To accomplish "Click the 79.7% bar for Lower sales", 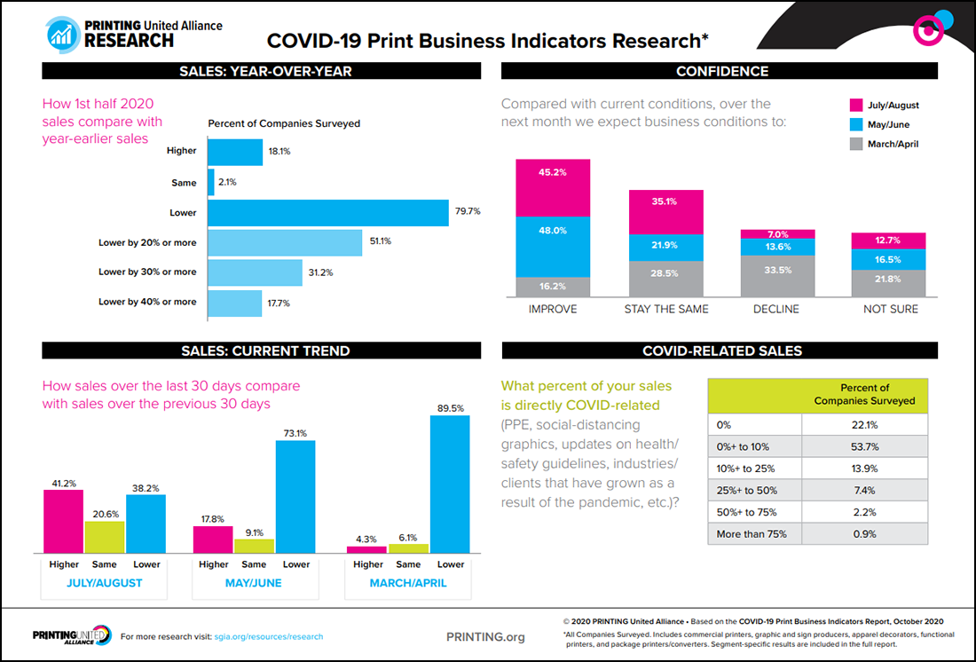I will (x=328, y=213).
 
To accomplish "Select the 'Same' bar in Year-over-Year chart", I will (x=211, y=183).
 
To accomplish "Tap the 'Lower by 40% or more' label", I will (x=147, y=302).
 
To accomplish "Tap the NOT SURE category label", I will (x=891, y=309).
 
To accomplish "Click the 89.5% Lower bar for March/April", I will (x=450, y=485).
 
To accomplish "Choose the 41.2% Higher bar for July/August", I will (x=63, y=522).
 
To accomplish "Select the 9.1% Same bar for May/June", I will (x=254, y=546).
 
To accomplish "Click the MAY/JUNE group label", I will (x=256, y=583).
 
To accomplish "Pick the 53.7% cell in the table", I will (x=865, y=445).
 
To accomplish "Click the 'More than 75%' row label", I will (x=752, y=533).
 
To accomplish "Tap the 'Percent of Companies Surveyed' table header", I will (x=864, y=394).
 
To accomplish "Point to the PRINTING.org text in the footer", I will (x=485, y=636).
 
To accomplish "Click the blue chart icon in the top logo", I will (x=62, y=33).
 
